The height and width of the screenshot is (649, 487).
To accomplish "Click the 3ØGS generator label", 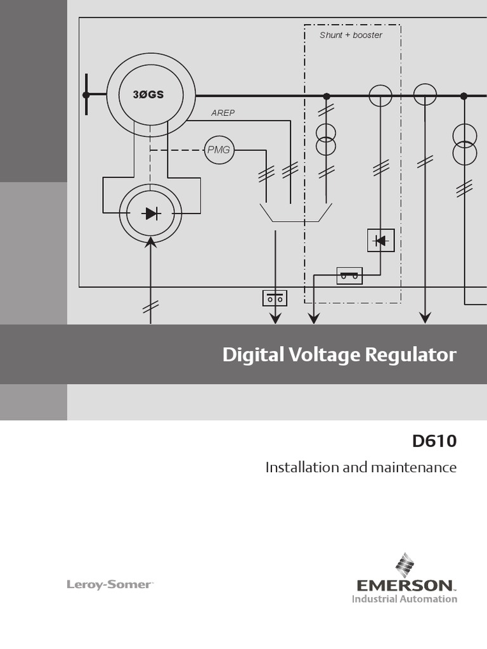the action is [148, 95].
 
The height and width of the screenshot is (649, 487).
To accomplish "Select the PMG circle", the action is [219, 150].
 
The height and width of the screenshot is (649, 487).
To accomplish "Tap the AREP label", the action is [223, 113].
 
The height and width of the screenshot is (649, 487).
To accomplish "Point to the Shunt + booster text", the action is [351, 35].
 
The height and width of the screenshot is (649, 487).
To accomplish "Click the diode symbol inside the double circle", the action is [151, 214].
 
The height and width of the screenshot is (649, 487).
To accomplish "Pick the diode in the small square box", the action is [381, 240].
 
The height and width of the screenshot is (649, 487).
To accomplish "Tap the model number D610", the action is [434, 441].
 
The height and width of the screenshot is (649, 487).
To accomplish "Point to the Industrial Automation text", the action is [405, 598].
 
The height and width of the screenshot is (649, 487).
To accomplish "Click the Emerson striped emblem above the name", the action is [404, 563].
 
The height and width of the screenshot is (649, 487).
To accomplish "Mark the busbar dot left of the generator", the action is [86, 95].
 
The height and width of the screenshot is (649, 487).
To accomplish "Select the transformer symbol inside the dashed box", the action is [326, 139].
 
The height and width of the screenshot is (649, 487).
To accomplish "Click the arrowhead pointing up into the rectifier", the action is [151, 241].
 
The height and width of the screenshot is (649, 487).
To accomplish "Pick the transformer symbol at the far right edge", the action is [465, 145].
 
